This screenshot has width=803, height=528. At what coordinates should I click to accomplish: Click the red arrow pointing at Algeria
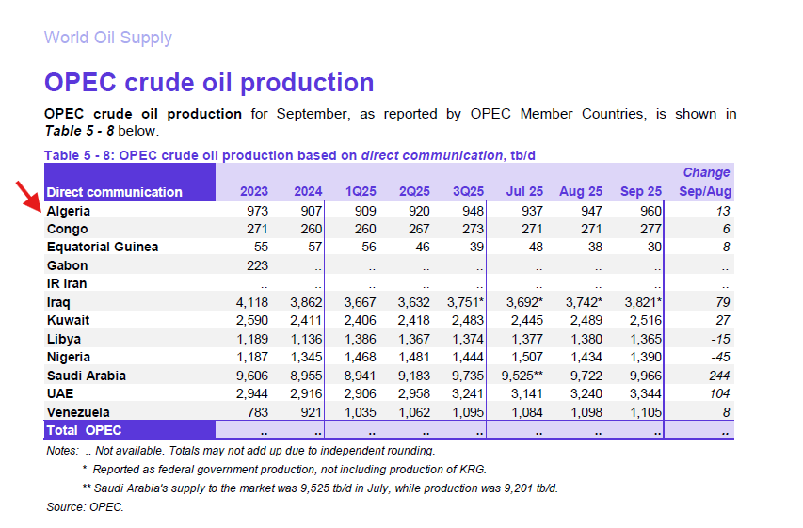coord(28,194)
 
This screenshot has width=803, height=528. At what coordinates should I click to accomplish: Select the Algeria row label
coord(68,211)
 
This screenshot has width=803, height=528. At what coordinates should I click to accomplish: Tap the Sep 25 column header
coord(641,192)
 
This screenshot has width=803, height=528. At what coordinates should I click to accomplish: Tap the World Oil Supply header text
coord(107,39)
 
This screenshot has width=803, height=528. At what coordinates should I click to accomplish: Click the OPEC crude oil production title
coord(209,83)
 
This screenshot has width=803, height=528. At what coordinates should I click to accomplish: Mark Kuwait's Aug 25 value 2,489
coord(585,320)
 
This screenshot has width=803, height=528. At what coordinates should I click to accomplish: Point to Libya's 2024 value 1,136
coord(303,339)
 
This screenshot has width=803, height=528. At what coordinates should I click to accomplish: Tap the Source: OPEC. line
coord(85,507)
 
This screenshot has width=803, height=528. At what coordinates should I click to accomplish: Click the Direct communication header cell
coord(114,192)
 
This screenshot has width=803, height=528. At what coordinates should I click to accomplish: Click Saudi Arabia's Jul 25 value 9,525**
coord(522,376)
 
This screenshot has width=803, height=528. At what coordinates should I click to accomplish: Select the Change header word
coord(706,173)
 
